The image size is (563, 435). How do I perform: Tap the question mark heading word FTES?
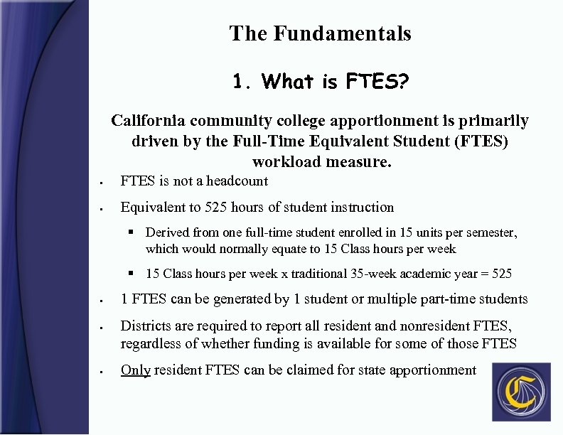(377, 82)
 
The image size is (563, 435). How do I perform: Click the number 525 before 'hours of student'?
(217, 208)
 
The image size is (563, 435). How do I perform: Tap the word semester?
(490, 232)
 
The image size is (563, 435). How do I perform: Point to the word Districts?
(146, 326)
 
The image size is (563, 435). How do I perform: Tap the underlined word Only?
(135, 370)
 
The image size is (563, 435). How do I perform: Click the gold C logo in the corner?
(522, 392)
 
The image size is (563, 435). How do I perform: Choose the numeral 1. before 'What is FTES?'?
(243, 82)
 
